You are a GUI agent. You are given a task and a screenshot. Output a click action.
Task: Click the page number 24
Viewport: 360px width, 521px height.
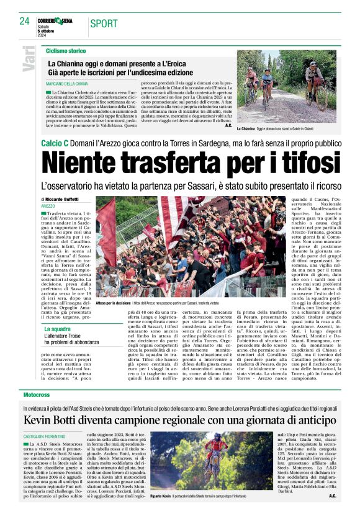24,21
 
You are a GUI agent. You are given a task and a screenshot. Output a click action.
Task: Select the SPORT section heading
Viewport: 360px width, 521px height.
106,24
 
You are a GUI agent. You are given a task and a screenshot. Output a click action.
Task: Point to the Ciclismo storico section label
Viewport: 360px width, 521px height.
65,50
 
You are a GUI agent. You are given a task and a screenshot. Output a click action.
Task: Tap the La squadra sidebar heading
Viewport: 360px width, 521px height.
57,328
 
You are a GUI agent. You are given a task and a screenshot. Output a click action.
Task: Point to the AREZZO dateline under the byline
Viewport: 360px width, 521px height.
48,205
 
